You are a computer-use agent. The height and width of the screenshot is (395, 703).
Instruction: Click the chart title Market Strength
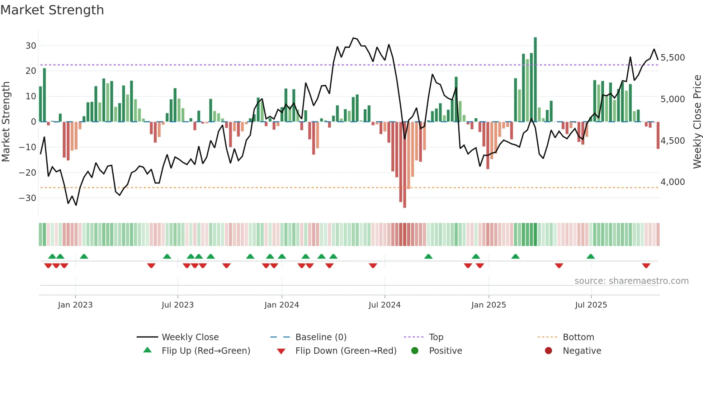(52, 10)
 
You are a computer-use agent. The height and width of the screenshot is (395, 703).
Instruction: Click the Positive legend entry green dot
(415, 351)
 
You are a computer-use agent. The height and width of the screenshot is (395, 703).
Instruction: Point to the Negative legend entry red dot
(548, 351)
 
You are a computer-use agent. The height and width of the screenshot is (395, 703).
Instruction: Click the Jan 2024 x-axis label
(282, 305)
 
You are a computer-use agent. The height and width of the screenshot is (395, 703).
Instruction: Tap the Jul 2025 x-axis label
(591, 305)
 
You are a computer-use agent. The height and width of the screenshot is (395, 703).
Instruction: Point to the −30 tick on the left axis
(28, 198)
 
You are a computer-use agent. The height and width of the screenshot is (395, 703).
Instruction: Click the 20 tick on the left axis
(31, 71)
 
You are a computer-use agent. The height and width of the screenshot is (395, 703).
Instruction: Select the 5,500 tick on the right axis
(673, 58)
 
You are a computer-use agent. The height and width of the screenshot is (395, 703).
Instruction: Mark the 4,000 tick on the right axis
(673, 182)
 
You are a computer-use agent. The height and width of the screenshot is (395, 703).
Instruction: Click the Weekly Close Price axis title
(697, 122)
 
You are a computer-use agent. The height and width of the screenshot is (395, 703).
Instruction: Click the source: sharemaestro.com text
(631, 281)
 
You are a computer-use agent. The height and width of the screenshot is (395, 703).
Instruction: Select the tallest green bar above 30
(535, 79)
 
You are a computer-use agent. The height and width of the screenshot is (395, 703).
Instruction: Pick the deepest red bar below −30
(405, 165)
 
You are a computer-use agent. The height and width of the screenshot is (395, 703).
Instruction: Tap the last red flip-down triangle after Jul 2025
(646, 266)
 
